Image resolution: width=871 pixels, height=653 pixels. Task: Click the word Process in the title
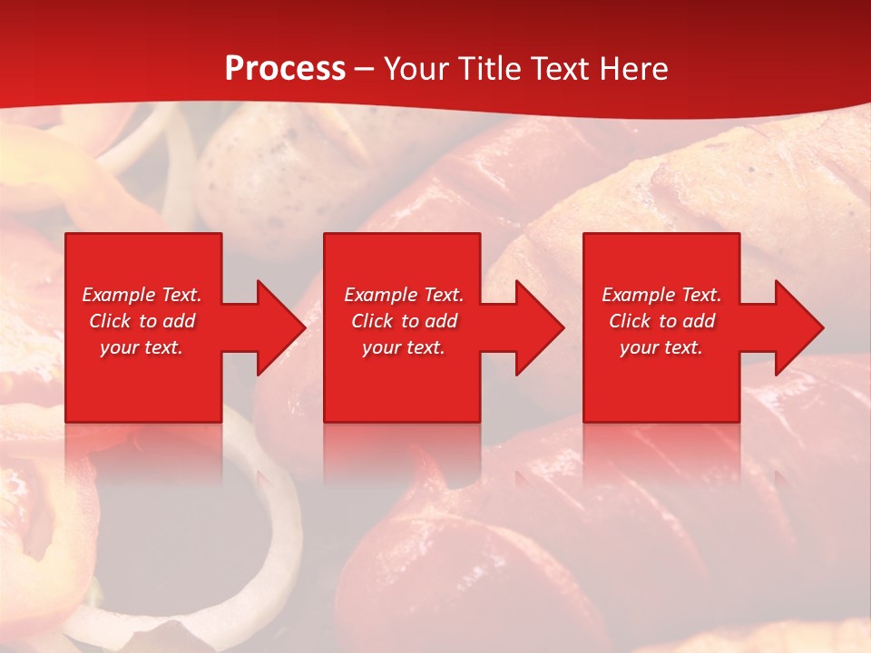(x=285, y=69)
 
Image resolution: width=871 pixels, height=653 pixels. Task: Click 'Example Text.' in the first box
(x=142, y=295)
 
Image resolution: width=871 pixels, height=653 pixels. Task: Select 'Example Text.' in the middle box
(x=404, y=295)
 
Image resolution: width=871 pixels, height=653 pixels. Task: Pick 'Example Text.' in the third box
(x=661, y=295)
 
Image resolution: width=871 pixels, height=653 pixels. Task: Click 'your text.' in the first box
(x=142, y=347)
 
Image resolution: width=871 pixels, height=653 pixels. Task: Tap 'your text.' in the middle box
(x=404, y=347)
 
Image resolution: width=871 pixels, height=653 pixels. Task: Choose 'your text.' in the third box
(x=661, y=347)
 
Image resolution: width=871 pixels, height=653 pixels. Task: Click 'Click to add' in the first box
(x=142, y=321)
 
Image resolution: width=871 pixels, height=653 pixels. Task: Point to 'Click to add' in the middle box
(x=404, y=321)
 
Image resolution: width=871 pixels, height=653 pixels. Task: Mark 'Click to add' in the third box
(x=661, y=321)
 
